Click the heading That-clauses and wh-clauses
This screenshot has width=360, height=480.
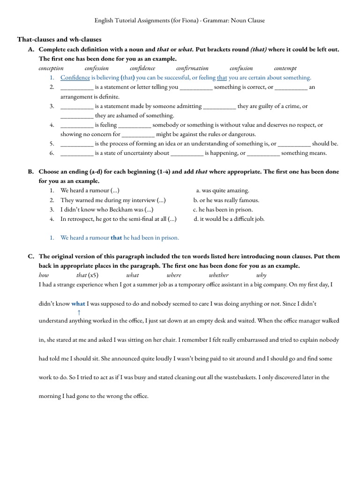59,39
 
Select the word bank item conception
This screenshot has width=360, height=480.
51,68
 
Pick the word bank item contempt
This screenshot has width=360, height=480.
285,68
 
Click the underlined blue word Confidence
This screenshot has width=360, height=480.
75,78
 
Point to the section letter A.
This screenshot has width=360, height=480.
31,49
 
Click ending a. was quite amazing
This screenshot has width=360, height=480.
222,191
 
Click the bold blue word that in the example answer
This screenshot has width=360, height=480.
116,238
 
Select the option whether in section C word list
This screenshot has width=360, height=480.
219,275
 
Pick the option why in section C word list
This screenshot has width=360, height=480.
262,275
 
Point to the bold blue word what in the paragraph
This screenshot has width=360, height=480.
78,303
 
